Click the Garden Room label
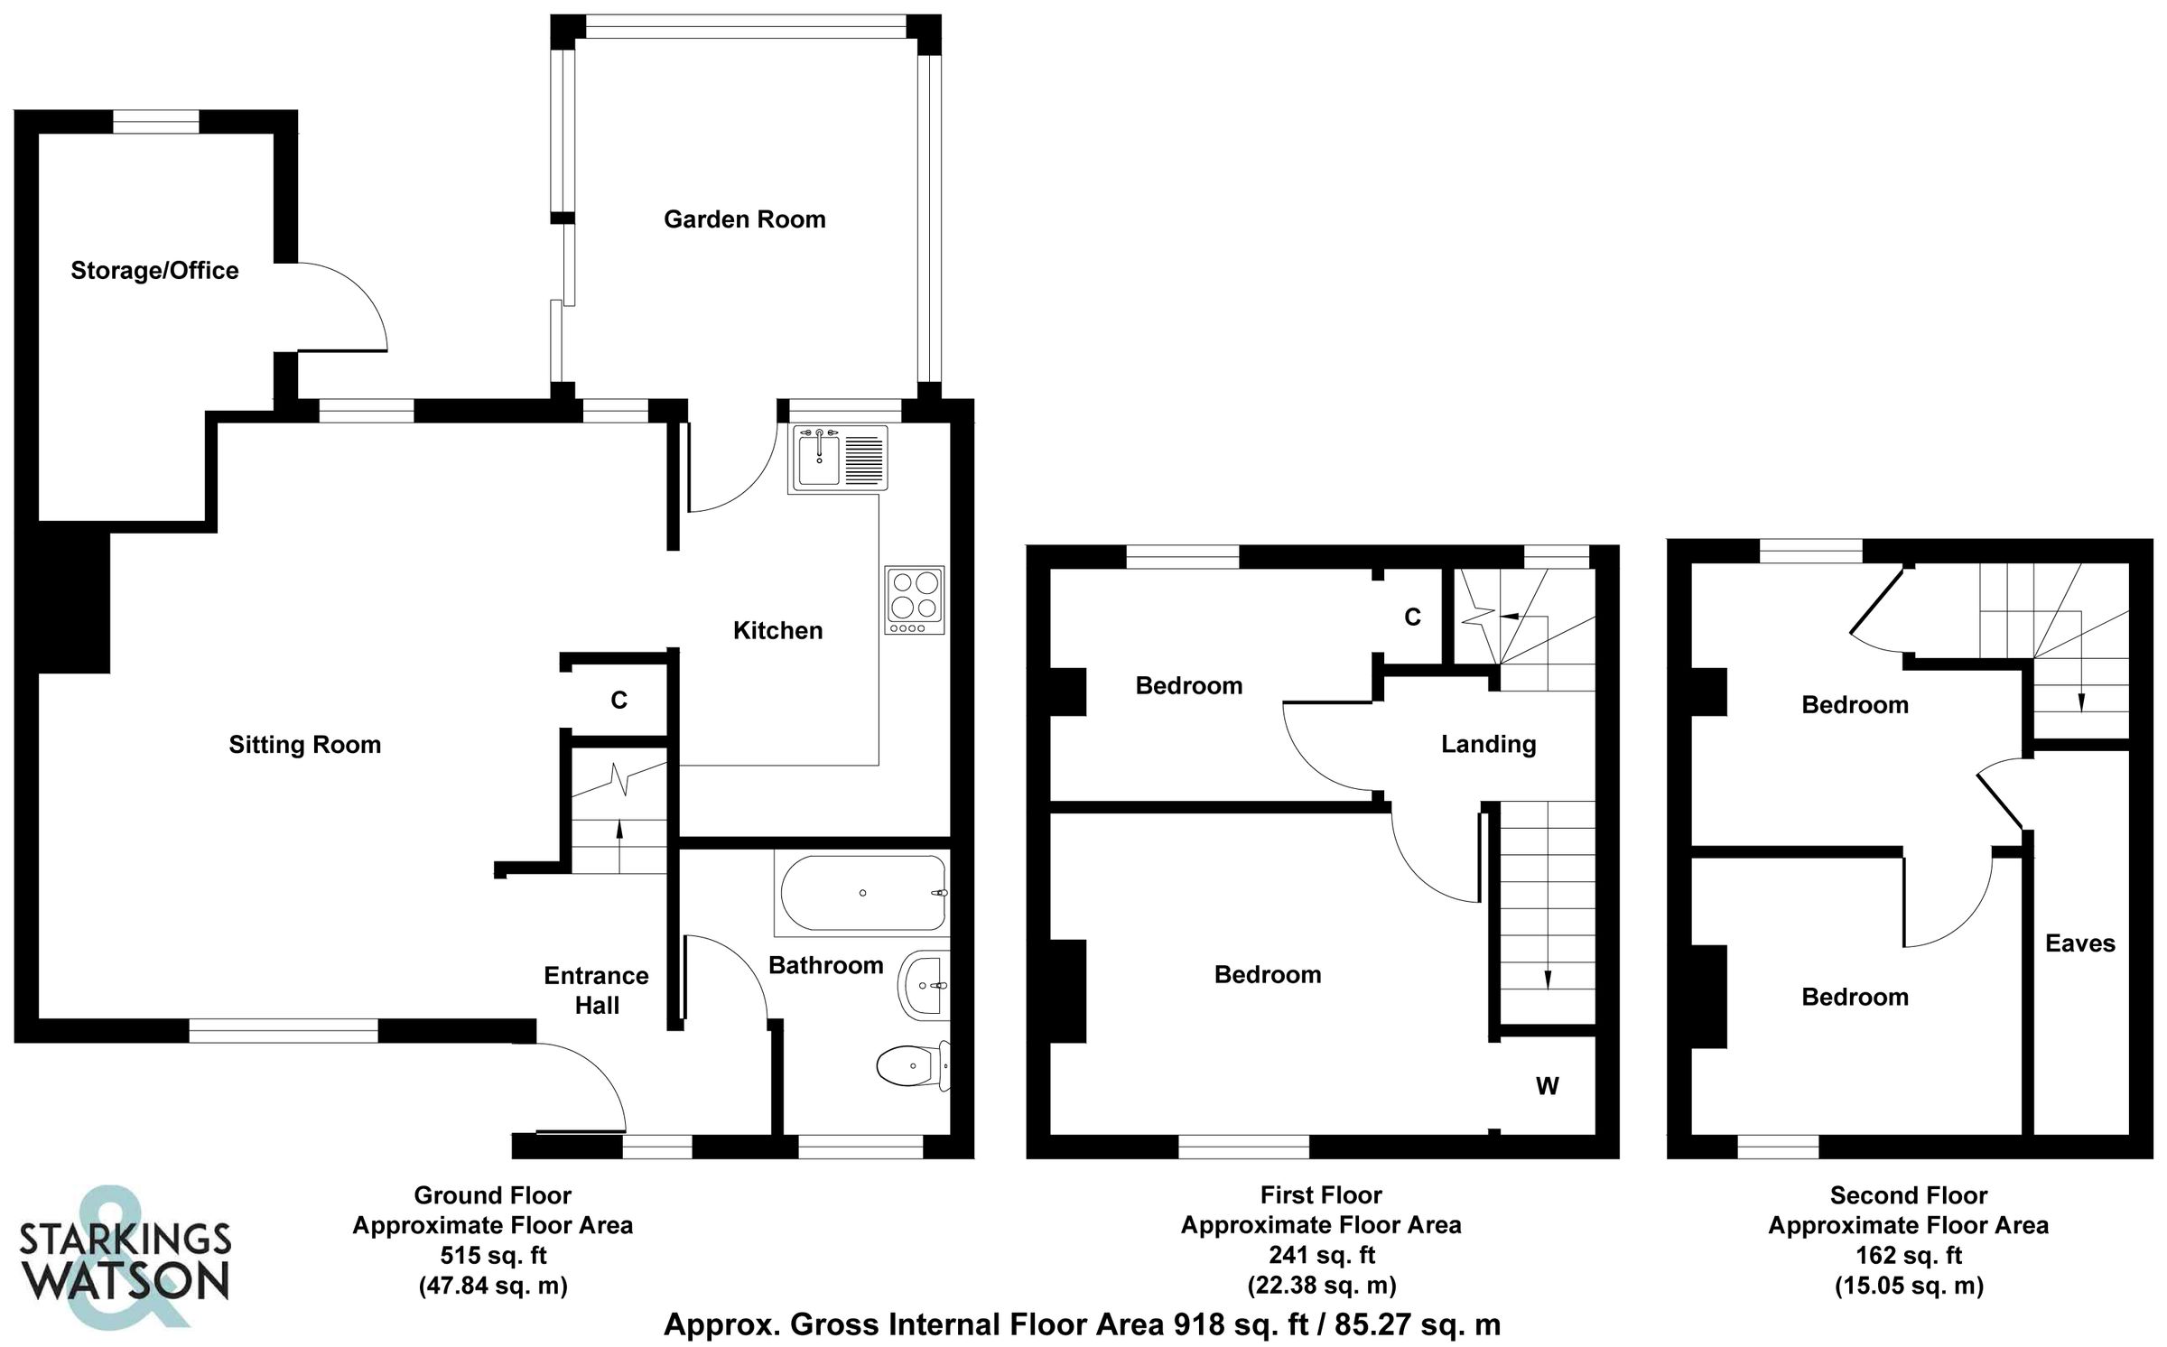point(744,219)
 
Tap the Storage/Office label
point(154,271)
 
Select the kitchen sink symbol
point(839,459)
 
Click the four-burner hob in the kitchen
point(914,599)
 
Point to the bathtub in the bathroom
point(861,893)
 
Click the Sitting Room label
point(304,745)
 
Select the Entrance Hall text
point(596,990)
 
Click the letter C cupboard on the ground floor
point(618,701)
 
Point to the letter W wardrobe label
point(1547,1086)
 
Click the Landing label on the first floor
point(1488,744)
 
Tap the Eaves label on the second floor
point(2079,943)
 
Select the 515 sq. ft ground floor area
point(493,1256)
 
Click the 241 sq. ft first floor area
point(1321,1256)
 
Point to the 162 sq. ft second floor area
point(1908,1256)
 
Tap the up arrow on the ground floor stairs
point(619,840)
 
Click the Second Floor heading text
point(1908,1195)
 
